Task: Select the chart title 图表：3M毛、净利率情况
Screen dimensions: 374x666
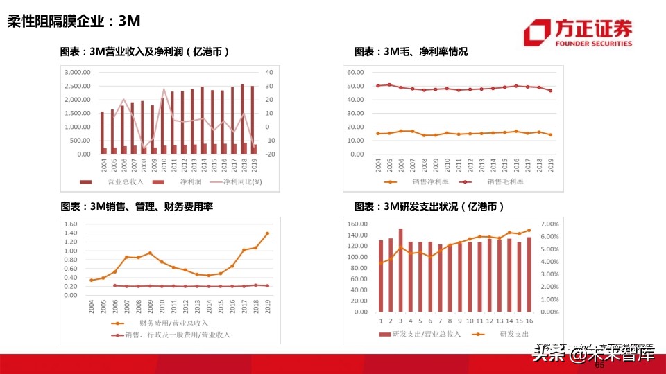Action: pos(411,52)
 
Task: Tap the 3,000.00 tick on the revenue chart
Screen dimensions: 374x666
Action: pos(78,72)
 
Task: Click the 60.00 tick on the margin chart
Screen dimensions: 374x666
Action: pos(355,72)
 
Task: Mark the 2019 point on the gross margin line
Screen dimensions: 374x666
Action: pos(550,91)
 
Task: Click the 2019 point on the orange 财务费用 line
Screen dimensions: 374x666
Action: pos(267,233)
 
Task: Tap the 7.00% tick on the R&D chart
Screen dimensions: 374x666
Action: pos(549,224)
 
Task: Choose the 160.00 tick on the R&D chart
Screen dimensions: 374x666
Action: pos(357,224)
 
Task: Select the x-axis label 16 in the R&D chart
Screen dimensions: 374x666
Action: pos(529,321)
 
